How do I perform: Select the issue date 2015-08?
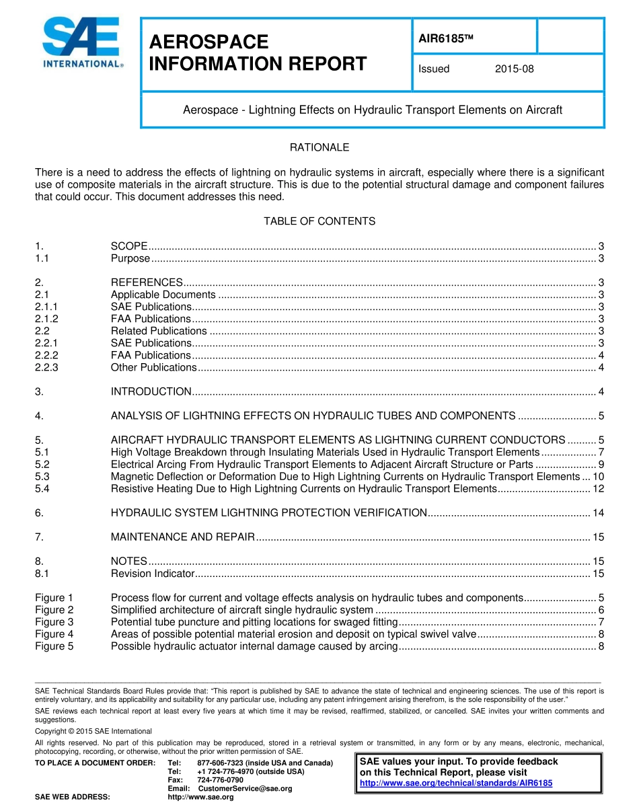[x=514, y=69]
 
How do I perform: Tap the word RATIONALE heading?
[x=319, y=147]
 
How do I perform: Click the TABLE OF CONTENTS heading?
[x=319, y=221]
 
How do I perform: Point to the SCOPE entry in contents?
[x=128, y=246]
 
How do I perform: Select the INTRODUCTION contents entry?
[x=151, y=391]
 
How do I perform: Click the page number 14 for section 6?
[x=597, y=513]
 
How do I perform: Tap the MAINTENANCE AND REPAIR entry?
[x=182, y=537]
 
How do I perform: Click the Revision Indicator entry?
[x=153, y=574]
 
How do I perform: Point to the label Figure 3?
[x=54, y=622]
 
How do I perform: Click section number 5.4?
[x=42, y=489]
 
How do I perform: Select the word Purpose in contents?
[x=130, y=258]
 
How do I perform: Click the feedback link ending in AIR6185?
[x=456, y=783]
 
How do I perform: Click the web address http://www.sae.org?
[x=200, y=797]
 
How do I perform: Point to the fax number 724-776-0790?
[x=220, y=780]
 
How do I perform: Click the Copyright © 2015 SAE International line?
[x=93, y=731]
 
